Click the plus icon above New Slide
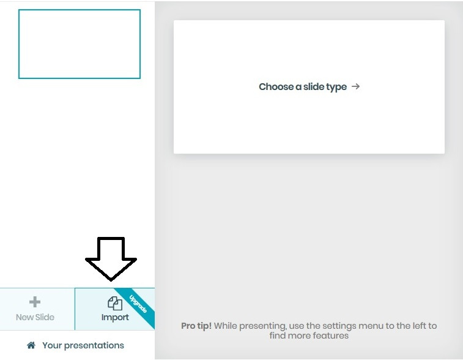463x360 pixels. coord(35,302)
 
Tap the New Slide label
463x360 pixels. coord(35,317)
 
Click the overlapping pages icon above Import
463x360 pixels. coord(115,303)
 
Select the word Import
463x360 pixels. coord(115,317)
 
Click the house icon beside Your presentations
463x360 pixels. coord(31,345)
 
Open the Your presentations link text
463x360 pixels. coord(83,345)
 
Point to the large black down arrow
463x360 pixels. coord(111,258)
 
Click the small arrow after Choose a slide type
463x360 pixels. coord(355,86)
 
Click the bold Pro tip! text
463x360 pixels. coord(196,326)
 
